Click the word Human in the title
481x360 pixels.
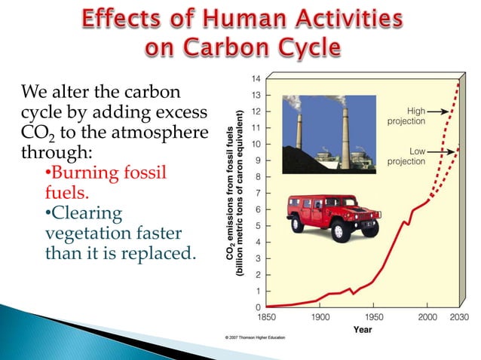pos(242,18)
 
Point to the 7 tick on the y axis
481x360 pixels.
pos(258,193)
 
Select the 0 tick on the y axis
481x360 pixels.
pos(258,307)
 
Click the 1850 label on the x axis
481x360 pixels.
pos(268,317)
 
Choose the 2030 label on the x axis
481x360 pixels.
pos(459,317)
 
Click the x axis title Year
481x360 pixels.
pos(363,329)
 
